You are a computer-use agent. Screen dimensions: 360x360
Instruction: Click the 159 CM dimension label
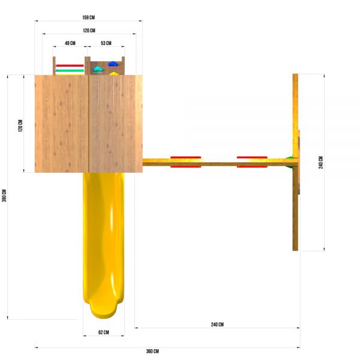coord(88,17)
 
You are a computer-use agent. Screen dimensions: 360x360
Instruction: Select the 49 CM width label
coord(70,43)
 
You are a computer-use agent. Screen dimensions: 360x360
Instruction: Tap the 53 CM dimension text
coord(106,43)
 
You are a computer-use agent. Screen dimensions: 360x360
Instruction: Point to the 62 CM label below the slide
coord(104,332)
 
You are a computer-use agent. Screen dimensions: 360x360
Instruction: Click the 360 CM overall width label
coord(152,351)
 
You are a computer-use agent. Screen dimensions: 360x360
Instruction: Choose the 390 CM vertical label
coord(4,196)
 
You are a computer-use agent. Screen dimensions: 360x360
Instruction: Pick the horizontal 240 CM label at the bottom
coord(217,325)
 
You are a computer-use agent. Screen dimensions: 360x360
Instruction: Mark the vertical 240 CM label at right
coord(321,163)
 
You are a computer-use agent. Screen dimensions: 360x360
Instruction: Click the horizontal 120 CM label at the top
coord(89,31)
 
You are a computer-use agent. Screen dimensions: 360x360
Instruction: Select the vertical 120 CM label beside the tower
coord(20,125)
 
